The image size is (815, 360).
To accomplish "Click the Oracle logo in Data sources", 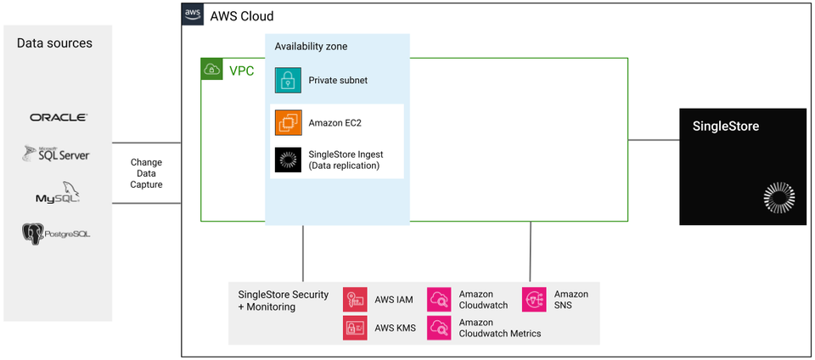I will (x=58, y=117).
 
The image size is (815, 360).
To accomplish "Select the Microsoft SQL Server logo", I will (x=57, y=154).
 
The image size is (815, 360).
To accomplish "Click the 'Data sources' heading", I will (x=54, y=43).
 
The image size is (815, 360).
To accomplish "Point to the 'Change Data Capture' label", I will (x=146, y=173).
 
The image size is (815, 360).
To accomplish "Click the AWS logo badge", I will (x=192, y=15).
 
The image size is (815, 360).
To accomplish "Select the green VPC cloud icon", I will (x=211, y=70).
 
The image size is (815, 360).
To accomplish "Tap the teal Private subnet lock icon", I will (x=288, y=80).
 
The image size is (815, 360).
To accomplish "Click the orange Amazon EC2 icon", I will (x=288, y=122).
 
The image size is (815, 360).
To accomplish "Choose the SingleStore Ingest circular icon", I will (x=288, y=160).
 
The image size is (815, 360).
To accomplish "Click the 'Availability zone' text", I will (x=311, y=46).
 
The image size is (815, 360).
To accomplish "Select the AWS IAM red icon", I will (x=355, y=299).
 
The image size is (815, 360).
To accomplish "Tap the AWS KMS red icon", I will (x=355, y=328).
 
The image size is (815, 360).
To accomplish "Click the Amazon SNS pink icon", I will (x=534, y=299).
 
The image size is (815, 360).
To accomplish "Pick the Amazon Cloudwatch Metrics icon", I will (x=439, y=328).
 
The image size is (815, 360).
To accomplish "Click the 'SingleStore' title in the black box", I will (x=726, y=127).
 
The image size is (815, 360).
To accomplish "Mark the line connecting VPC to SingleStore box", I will (x=654, y=139).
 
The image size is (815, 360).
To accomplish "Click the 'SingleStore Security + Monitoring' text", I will (x=283, y=301).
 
